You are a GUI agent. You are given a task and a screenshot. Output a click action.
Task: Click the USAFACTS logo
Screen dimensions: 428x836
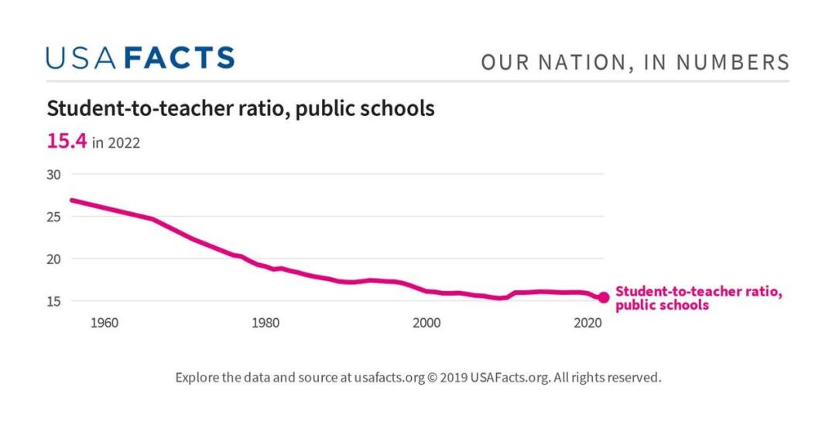(140, 59)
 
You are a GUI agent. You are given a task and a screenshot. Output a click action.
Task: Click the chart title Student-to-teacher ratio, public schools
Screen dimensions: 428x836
(241, 108)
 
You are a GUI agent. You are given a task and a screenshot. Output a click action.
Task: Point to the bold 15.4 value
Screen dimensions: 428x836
(67, 141)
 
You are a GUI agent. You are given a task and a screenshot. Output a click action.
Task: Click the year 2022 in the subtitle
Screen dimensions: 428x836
(123, 143)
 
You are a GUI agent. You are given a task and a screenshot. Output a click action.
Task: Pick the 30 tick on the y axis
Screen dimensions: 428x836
(53, 175)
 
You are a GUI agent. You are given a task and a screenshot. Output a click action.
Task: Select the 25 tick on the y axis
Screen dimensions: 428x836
(53, 217)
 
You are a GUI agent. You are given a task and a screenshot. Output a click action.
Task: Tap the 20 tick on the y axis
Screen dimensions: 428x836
(53, 259)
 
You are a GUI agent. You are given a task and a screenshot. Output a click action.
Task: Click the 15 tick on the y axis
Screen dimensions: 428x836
(53, 301)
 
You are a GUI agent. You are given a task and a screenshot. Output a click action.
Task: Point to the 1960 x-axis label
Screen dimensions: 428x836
(104, 323)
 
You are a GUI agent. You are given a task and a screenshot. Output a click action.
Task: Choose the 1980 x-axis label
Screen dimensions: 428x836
(266, 323)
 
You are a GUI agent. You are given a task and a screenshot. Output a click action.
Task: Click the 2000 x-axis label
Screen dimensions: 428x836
(427, 323)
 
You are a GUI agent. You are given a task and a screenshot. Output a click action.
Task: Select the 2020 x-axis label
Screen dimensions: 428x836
(588, 323)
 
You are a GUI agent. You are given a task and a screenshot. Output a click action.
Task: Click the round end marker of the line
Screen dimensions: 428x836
(604, 298)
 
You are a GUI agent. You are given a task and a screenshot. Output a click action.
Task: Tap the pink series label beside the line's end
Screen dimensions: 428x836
(699, 298)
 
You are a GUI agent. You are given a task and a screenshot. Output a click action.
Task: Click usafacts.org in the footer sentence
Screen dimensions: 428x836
(389, 378)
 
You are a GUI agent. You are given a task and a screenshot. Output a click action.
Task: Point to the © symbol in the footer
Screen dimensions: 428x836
(433, 378)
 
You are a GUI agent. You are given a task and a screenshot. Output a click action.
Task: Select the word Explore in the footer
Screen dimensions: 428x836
(197, 378)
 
